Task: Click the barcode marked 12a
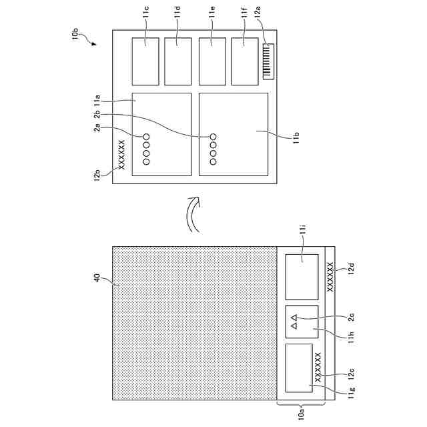(269, 61)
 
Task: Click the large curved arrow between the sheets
(192, 216)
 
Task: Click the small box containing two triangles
(302, 323)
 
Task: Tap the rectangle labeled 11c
(145, 61)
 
